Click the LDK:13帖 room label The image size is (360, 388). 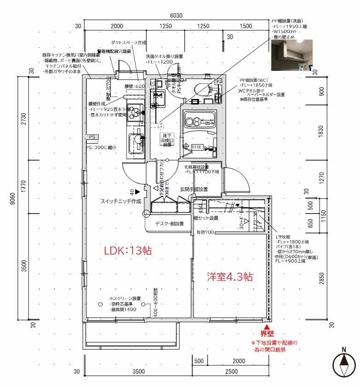128,251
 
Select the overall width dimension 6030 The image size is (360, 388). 176,15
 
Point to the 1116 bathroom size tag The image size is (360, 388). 197,147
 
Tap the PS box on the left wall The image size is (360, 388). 92,137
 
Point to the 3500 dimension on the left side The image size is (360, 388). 24,266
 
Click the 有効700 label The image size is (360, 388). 205,232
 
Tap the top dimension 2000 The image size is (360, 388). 117,26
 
